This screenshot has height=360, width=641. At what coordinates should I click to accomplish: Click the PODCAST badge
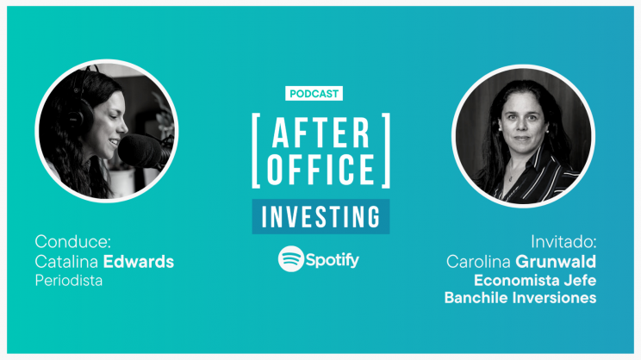point(314,94)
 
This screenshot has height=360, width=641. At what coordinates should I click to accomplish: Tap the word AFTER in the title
point(320,133)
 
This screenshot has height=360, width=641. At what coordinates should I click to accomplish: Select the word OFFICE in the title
point(320,169)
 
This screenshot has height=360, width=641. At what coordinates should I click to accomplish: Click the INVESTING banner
point(320,216)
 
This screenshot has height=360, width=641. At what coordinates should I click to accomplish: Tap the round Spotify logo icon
point(290,259)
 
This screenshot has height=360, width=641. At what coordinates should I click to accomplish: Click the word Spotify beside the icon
point(333,260)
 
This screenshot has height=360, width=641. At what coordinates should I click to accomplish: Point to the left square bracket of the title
point(256,151)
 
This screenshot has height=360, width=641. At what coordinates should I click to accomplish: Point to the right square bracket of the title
point(386,151)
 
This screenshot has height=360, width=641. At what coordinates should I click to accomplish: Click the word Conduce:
point(72,241)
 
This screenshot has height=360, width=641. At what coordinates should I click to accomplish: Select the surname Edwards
point(139,262)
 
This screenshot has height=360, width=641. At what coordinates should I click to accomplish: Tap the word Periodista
point(69,281)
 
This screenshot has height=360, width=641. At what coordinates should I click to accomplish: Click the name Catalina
point(66,262)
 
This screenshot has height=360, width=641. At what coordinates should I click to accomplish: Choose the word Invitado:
point(563,242)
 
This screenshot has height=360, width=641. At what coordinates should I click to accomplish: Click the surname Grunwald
point(556,262)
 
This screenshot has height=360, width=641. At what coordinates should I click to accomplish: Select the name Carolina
point(478,262)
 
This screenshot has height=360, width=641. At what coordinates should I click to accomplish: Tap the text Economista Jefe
point(535,281)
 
